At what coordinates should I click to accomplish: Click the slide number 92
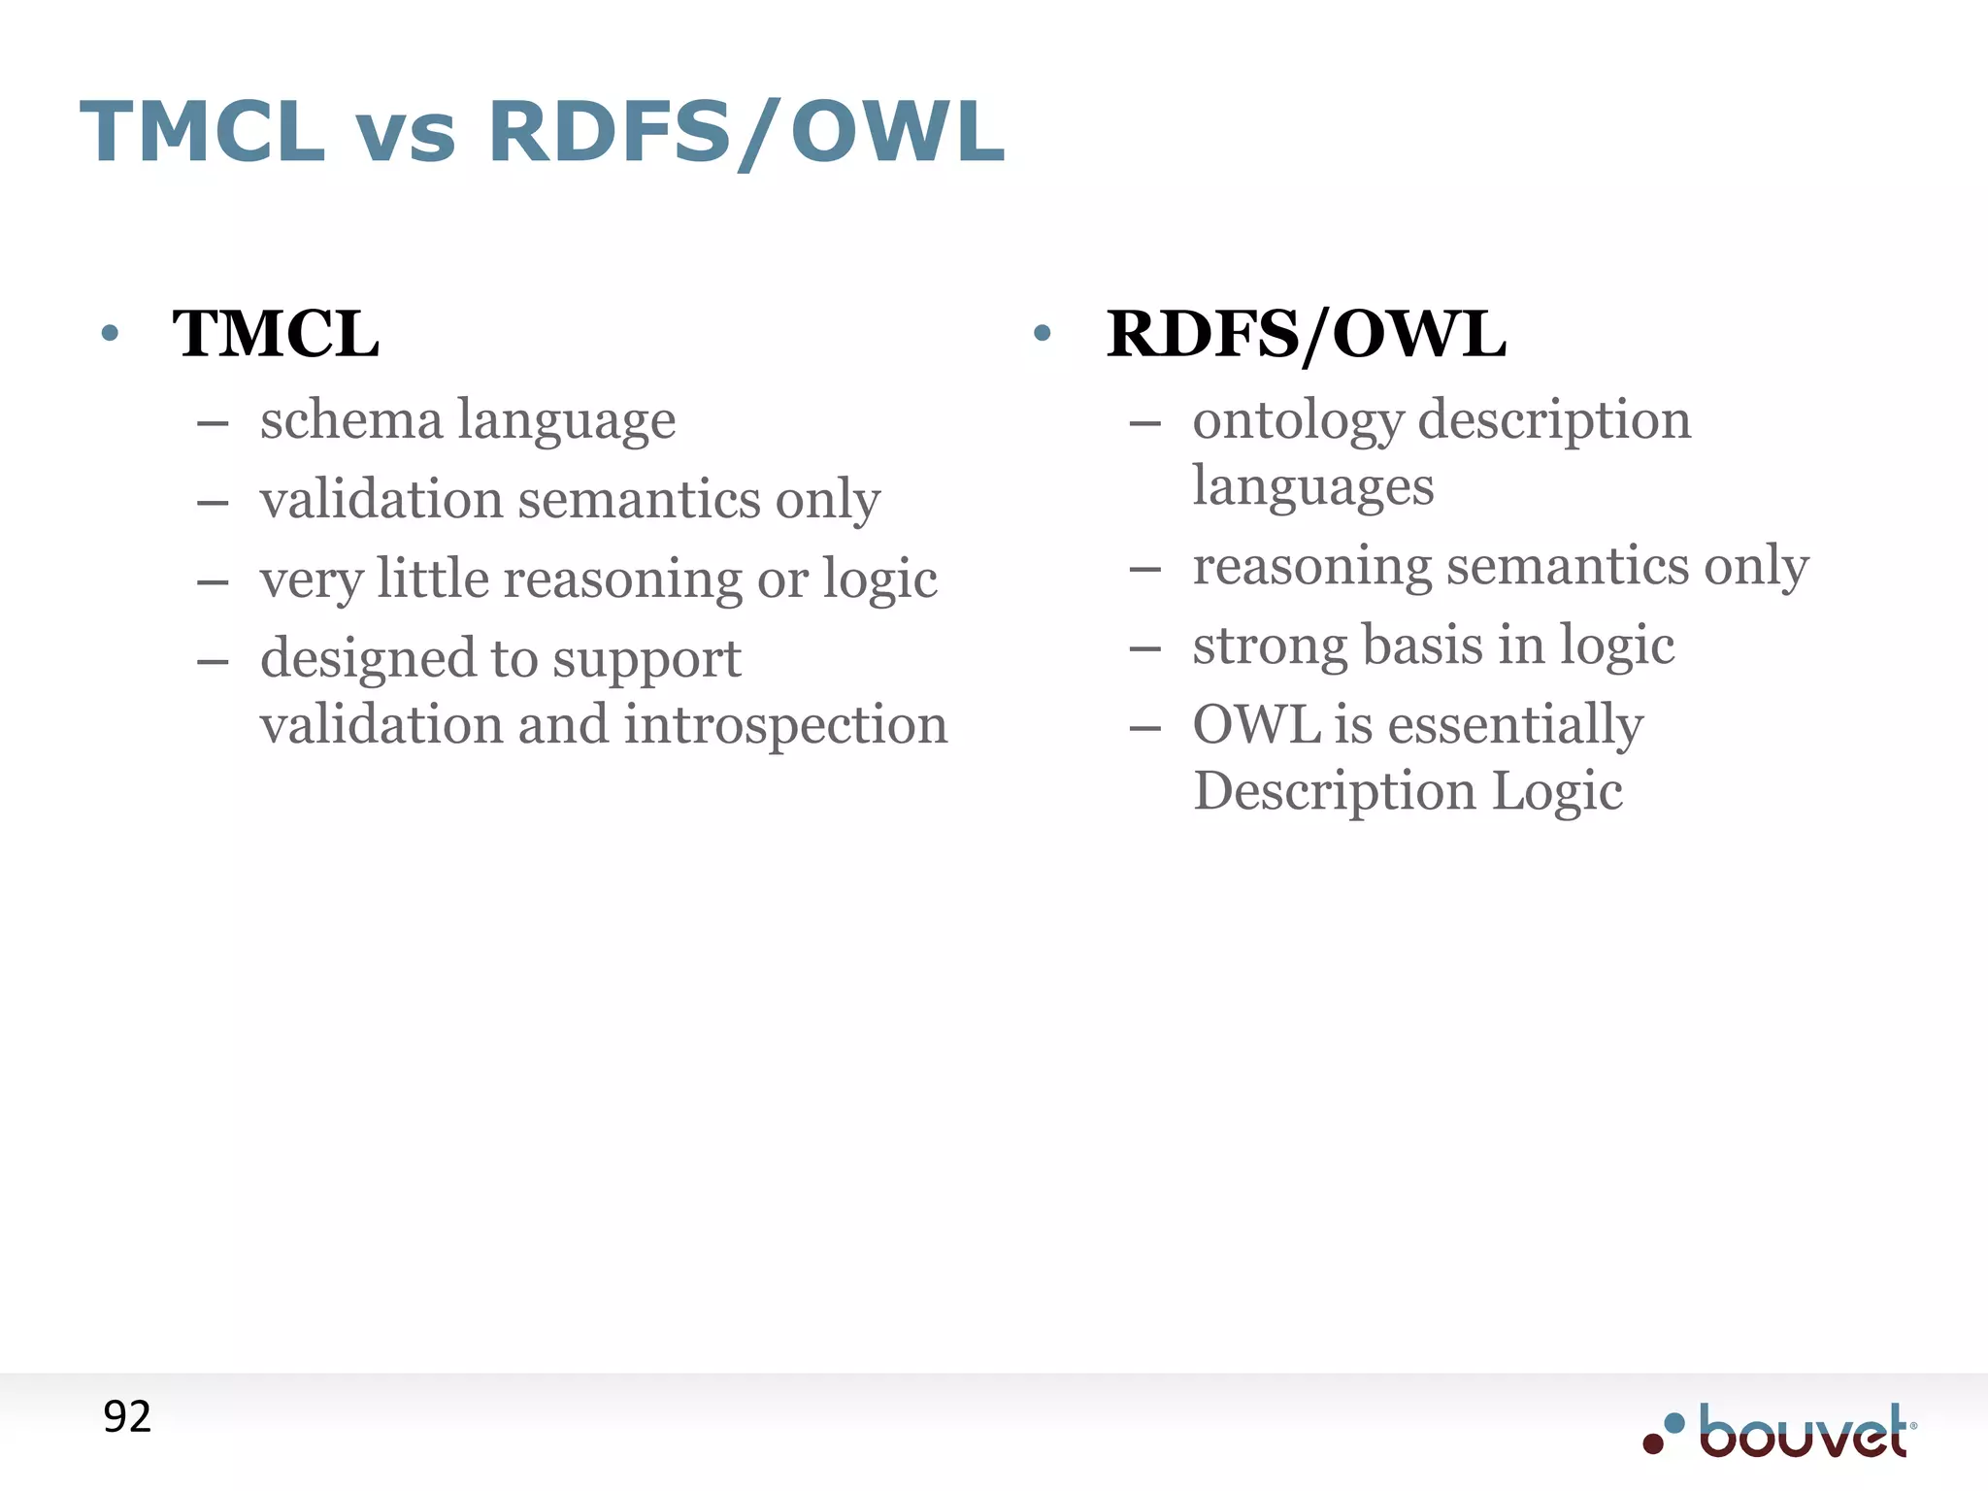127,1417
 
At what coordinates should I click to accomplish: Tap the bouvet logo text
1804,1433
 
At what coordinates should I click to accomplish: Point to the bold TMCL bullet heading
276,334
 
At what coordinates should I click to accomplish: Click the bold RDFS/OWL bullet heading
1306,334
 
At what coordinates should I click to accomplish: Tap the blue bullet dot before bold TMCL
110,334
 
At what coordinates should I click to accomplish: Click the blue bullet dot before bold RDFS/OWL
1043,334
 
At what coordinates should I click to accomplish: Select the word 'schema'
350,419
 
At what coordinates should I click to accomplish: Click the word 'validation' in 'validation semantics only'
381,500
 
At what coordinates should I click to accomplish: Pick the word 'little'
433,579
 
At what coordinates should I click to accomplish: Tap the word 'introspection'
785,725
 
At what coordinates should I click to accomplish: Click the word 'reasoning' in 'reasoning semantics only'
1311,567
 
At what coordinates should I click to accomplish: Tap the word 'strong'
1269,646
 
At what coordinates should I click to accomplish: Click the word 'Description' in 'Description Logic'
1334,791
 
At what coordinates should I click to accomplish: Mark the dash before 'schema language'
213,423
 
